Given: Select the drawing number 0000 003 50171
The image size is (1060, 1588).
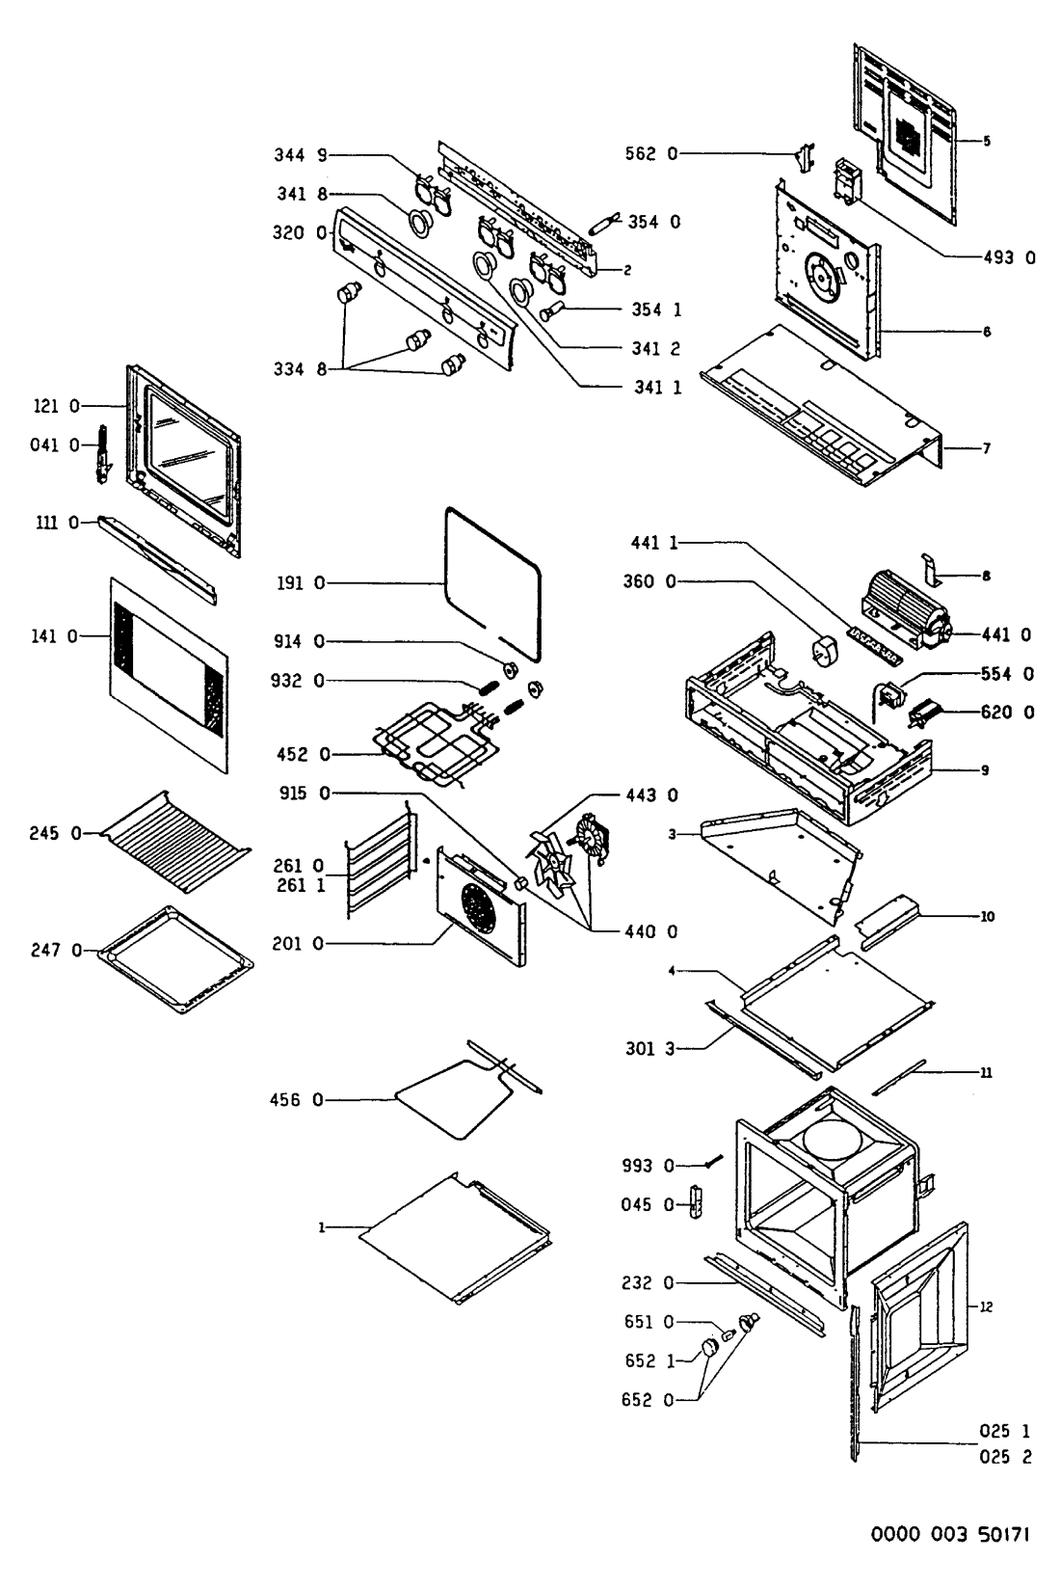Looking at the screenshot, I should (952, 1532).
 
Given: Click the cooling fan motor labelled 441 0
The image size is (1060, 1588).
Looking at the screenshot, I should (906, 607).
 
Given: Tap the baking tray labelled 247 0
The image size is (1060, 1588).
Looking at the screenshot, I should (175, 959).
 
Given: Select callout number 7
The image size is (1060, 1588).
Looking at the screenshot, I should (986, 448).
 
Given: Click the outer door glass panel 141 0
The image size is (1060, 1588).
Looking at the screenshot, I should (169, 675).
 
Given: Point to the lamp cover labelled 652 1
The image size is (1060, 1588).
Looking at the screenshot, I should (712, 1346).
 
